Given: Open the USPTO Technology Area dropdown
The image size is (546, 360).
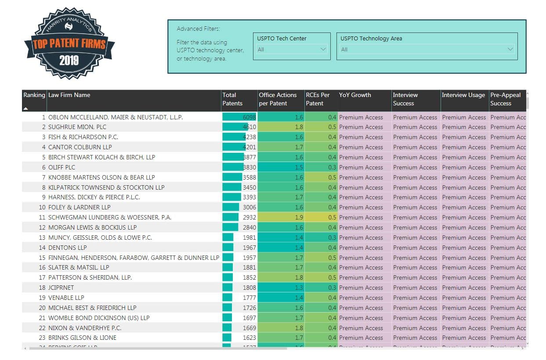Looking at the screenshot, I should (427, 50).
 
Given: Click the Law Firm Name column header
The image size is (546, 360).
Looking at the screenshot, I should (69, 95).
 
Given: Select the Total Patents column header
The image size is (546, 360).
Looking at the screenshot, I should (232, 99).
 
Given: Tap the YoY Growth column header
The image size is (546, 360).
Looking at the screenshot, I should (355, 95).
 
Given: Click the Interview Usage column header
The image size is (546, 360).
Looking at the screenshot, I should (463, 95).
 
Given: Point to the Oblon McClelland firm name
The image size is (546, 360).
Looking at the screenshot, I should (116, 117).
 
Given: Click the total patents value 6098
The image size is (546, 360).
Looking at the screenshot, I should (249, 117).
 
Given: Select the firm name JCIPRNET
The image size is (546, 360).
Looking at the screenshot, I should (61, 288).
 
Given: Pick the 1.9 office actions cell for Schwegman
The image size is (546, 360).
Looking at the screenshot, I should (299, 217).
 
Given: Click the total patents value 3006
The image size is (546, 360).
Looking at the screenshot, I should (249, 207).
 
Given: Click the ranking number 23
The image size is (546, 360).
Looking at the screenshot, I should (42, 338).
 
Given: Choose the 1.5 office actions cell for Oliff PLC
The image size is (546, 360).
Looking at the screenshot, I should (299, 167).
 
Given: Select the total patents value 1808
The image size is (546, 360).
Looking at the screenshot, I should (249, 288).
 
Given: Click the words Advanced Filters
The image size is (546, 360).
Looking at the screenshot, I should (198, 29).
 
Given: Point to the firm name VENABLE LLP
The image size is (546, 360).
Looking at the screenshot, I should (66, 298).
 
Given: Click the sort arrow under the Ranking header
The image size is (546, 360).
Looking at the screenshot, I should (25, 108).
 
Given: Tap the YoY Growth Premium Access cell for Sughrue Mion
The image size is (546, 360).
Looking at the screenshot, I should (361, 127).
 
